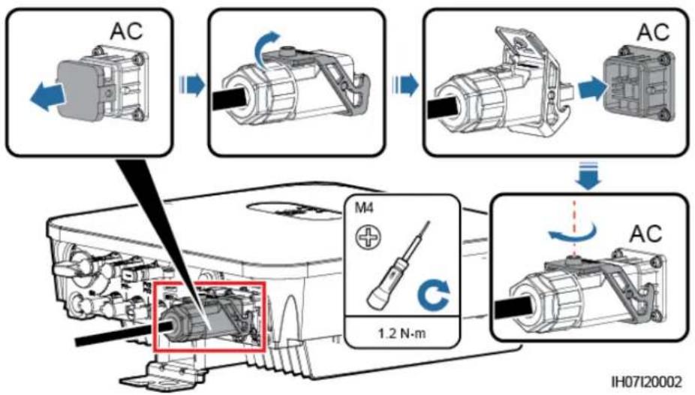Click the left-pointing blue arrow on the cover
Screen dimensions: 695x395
coord(47,95)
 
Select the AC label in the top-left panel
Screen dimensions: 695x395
coord(127,31)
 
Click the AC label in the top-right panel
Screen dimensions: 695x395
coord(653,32)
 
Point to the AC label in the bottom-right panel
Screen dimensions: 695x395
coord(646,234)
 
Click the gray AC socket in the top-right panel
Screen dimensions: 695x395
coord(639,87)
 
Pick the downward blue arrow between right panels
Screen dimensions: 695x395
coord(588,176)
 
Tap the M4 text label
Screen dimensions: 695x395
coord(364,208)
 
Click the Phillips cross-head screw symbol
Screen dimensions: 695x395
coord(369,237)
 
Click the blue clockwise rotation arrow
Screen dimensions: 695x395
coord(434,296)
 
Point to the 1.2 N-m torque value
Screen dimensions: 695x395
coord(402,333)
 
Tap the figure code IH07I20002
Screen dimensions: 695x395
coord(646,381)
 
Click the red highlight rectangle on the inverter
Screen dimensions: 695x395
coord(209,317)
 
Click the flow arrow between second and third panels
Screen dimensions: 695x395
coord(405,85)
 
